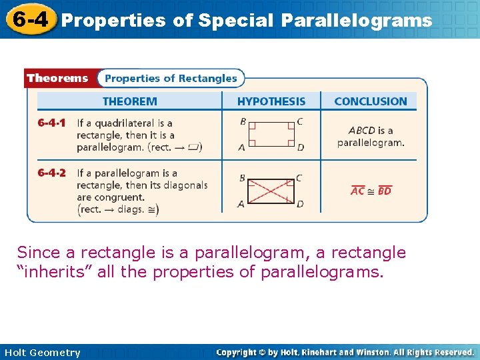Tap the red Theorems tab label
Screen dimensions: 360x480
click(x=57, y=78)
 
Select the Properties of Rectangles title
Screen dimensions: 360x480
click(x=171, y=78)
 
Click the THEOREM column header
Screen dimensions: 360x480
click(x=129, y=101)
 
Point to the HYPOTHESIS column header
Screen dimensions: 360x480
click(x=271, y=101)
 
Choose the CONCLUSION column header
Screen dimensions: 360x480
click(x=370, y=101)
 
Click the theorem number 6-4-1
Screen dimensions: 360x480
click(x=51, y=123)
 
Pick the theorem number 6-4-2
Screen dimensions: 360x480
click(x=51, y=173)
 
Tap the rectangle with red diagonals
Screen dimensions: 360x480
click(x=271, y=191)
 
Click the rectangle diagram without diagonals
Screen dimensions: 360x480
click(x=271, y=134)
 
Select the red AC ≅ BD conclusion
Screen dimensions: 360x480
click(x=371, y=191)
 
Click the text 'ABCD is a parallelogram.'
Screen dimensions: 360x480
click(x=371, y=136)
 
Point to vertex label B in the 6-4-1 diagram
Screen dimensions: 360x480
click(x=243, y=121)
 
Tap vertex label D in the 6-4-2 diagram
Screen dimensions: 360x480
click(x=300, y=204)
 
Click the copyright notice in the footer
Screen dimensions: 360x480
click(x=345, y=352)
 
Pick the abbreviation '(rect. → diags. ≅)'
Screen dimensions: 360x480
click(x=118, y=209)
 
